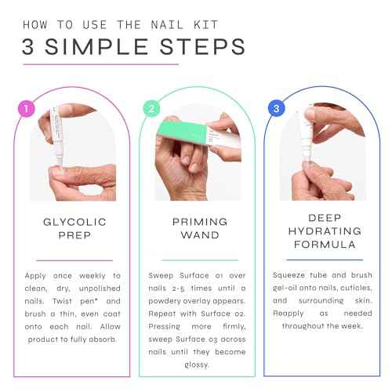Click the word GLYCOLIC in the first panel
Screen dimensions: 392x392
click(74, 223)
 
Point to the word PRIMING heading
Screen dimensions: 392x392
click(196, 223)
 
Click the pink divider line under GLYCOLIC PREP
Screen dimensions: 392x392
click(74, 260)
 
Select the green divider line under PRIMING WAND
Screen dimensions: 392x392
click(196, 260)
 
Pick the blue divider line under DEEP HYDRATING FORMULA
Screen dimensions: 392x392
click(318, 260)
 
